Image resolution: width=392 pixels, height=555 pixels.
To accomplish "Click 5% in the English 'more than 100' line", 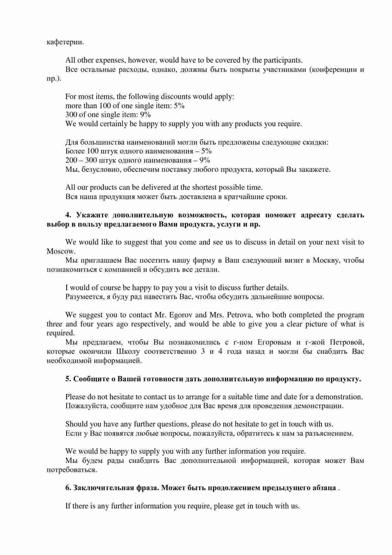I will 179,106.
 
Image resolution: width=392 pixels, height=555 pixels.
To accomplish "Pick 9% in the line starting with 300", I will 146,115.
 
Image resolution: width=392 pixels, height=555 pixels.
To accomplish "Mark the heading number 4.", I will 68,215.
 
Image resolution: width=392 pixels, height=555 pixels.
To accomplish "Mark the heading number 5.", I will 68,379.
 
